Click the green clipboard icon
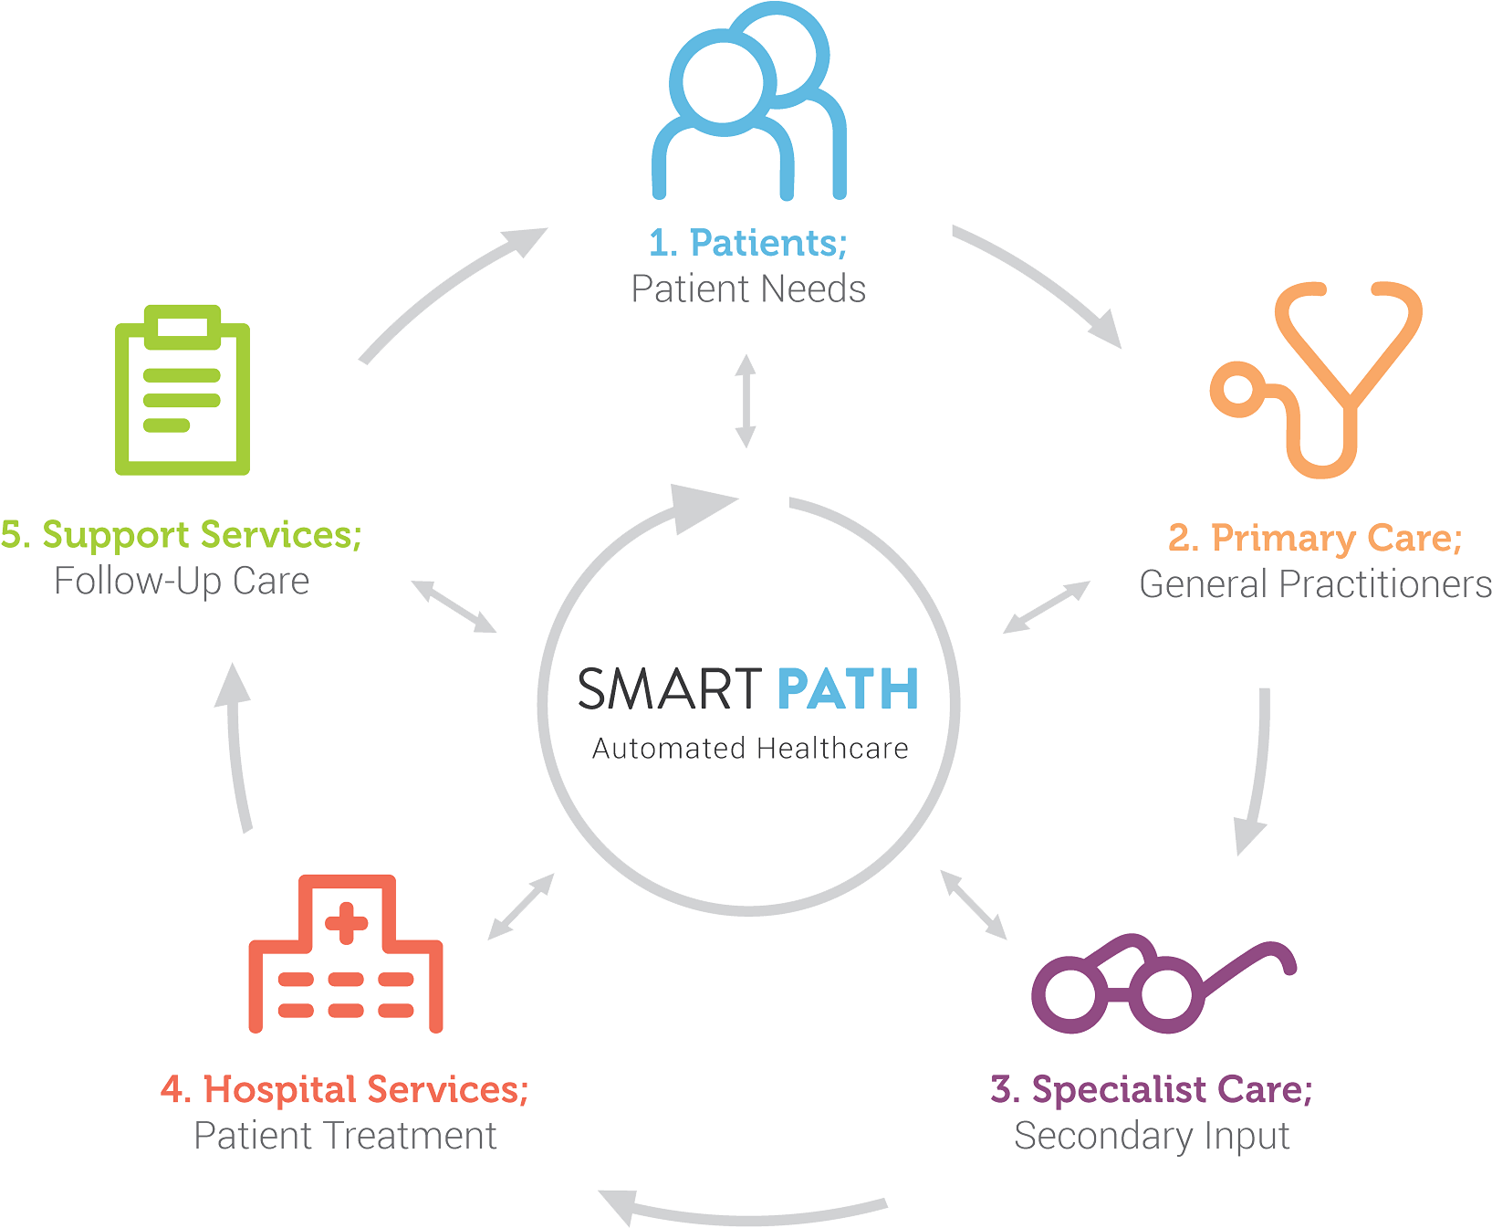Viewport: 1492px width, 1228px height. [x=183, y=390]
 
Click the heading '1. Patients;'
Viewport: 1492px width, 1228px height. [x=748, y=243]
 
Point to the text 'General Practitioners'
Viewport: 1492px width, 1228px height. [x=1315, y=584]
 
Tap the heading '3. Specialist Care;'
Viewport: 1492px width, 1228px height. [x=1152, y=1089]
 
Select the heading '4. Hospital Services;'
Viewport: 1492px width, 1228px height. [x=345, y=1089]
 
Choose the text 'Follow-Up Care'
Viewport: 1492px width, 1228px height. [x=183, y=582]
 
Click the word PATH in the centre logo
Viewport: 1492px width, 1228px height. [x=848, y=689]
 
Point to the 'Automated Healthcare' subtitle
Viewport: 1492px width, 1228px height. [x=749, y=750]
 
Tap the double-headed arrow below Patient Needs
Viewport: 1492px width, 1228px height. [x=746, y=402]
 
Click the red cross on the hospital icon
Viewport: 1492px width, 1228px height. [x=346, y=922]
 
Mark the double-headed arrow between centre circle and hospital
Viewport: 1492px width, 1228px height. [x=521, y=907]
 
